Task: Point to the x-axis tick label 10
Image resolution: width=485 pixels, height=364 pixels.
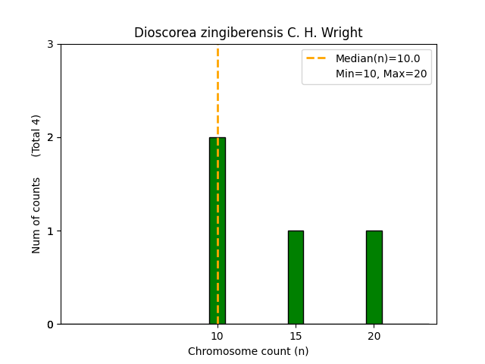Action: click(217, 336)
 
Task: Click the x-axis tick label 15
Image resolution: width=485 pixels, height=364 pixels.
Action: click(296, 336)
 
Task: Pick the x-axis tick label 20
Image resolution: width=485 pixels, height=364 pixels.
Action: click(374, 336)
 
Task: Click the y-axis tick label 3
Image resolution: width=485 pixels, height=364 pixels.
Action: click(50, 44)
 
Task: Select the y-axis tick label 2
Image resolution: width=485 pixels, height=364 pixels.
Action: click(50, 137)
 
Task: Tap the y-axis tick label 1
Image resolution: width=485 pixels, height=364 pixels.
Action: click(50, 231)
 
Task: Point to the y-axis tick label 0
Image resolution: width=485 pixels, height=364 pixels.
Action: click(50, 325)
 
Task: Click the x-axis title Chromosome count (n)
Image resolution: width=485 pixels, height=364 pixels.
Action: click(249, 351)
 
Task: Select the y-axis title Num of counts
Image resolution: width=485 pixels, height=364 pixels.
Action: click(36, 215)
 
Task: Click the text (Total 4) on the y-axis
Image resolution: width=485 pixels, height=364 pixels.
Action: click(36, 136)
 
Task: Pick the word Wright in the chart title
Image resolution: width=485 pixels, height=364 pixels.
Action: click(344, 33)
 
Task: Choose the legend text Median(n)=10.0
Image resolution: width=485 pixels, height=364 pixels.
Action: click(377, 58)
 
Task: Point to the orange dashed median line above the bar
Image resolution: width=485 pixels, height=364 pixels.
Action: click(217, 91)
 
